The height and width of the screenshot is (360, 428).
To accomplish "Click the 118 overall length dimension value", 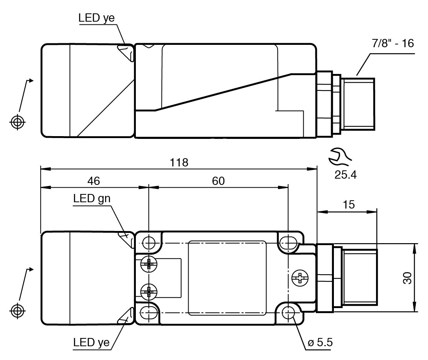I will click(x=179, y=162).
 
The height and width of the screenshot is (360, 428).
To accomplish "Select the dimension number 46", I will click(x=94, y=181).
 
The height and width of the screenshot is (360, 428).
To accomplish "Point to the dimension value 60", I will click(x=218, y=181).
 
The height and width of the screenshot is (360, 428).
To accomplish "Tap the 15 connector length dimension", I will click(x=348, y=205).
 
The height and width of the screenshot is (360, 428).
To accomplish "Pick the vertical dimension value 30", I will click(x=407, y=278).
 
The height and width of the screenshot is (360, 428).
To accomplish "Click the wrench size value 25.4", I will click(x=345, y=175).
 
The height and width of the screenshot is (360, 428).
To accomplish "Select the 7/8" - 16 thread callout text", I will click(x=393, y=43).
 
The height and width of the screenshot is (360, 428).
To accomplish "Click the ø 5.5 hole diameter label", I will click(x=320, y=342).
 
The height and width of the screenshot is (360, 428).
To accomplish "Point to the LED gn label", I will click(x=92, y=199).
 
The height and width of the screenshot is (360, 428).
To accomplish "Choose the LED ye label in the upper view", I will click(x=97, y=18).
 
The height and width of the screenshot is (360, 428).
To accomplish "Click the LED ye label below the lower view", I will click(x=91, y=342).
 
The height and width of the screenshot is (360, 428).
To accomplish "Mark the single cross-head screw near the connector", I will click(x=300, y=278).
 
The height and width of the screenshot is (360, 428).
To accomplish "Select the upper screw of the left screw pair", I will click(x=148, y=263).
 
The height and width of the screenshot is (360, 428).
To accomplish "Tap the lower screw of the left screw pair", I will click(x=148, y=292).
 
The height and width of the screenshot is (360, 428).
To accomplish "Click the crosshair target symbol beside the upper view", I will click(x=17, y=122).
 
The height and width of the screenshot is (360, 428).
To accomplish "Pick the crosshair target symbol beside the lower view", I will click(x=17, y=310).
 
